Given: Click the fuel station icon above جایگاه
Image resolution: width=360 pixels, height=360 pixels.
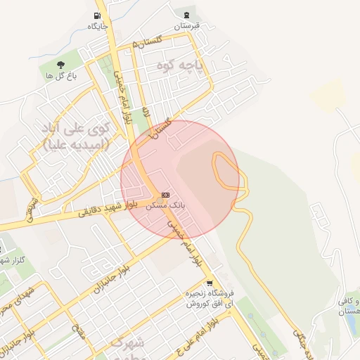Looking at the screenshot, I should pyautogui.click(x=96, y=15).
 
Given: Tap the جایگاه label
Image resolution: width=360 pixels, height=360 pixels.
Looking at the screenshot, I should pyautogui.click(x=96, y=26).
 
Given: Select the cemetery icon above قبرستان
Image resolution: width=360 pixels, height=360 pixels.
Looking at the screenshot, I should pyautogui.click(x=186, y=15).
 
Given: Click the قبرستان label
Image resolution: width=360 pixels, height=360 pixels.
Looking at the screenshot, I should pyautogui.click(x=187, y=25).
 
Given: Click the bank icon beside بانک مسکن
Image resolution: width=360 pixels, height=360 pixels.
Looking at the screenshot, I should pyautogui.click(x=165, y=195).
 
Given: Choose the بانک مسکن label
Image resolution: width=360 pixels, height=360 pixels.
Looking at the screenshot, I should pyautogui.click(x=165, y=206).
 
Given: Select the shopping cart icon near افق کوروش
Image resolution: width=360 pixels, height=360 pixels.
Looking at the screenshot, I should pyautogui.click(x=209, y=283).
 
